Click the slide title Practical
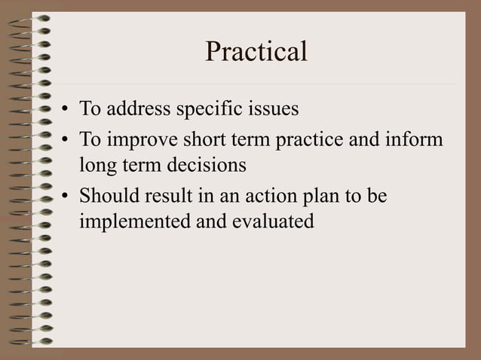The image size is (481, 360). click(x=256, y=52)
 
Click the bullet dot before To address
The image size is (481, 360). click(x=66, y=111)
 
